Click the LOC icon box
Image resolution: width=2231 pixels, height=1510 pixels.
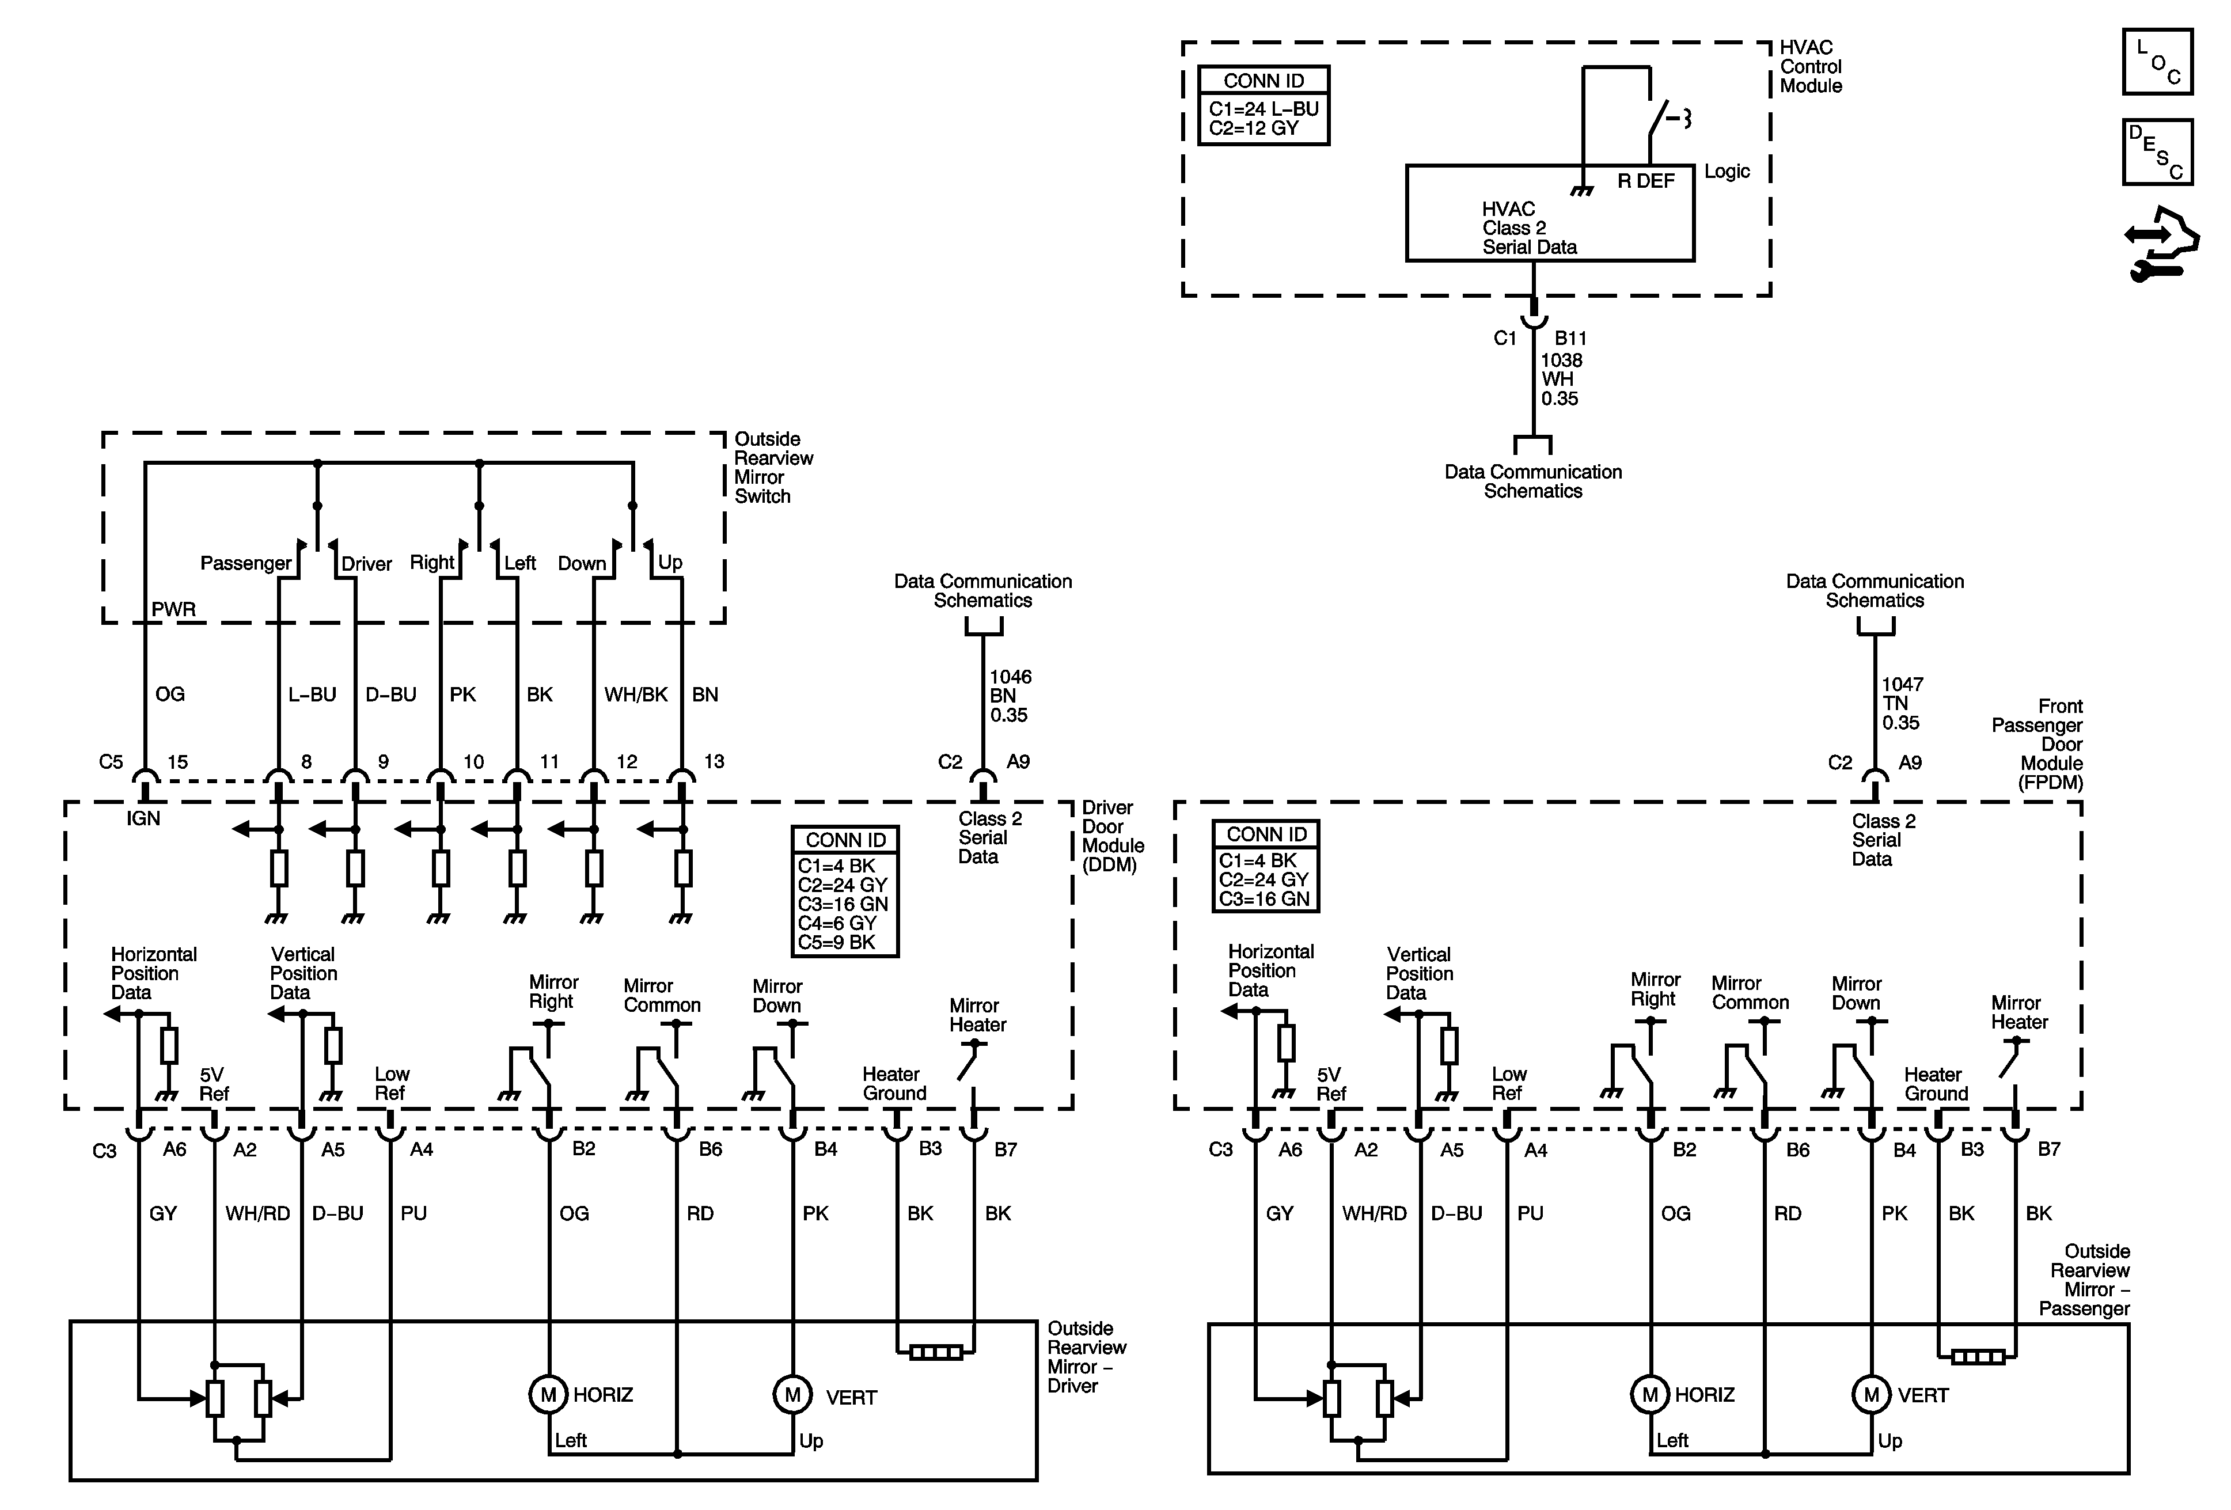pyautogui.click(x=2157, y=62)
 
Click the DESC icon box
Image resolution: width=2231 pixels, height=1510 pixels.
pyautogui.click(x=2157, y=151)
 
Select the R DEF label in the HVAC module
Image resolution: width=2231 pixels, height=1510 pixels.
pyautogui.click(x=1645, y=181)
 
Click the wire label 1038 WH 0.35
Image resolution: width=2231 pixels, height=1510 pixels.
pyautogui.click(x=1561, y=379)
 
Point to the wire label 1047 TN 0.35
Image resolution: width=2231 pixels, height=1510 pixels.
pyautogui.click(x=1902, y=704)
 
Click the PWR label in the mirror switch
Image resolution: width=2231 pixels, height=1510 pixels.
pyautogui.click(x=174, y=609)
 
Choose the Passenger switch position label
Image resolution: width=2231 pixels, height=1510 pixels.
pyautogui.click(x=246, y=563)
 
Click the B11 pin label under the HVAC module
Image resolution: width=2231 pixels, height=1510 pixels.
pyautogui.click(x=1570, y=339)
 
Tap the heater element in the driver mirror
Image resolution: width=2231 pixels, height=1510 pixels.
pyautogui.click(x=936, y=1353)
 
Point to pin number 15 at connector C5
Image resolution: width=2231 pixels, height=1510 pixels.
pyautogui.click(x=177, y=762)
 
